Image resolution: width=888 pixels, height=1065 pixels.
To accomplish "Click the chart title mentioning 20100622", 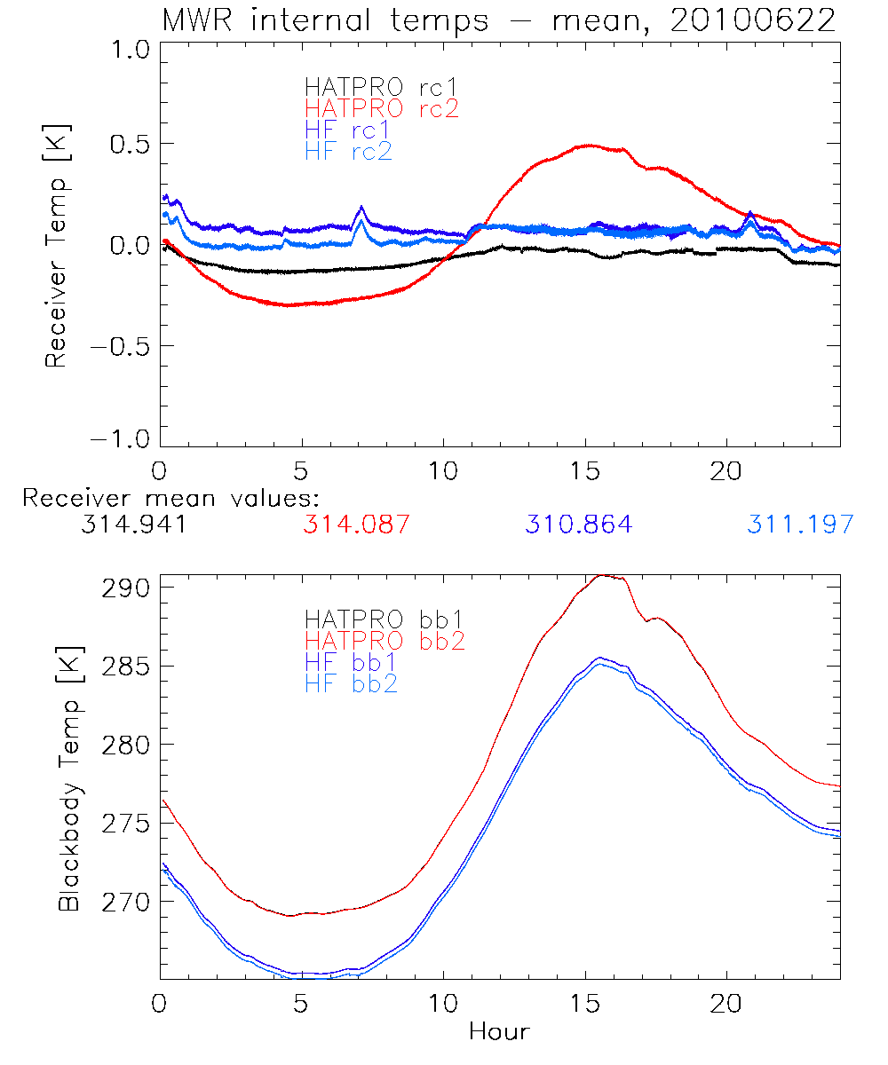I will [x=498, y=20].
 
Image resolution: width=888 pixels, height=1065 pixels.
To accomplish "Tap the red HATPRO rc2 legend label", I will [x=382, y=109].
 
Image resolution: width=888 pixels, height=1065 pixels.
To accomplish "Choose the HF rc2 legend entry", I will [x=348, y=152].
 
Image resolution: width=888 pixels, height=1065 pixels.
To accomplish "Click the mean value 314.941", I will [x=132, y=525].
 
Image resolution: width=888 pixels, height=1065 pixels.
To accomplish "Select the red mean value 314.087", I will [x=356, y=525].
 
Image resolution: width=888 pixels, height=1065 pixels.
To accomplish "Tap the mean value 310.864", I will [x=578, y=525].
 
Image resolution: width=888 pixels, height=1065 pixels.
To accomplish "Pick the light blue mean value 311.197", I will [x=800, y=525].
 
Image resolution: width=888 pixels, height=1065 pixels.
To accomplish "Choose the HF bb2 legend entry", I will [x=351, y=683].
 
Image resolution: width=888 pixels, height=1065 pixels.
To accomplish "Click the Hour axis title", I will [x=499, y=1031].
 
